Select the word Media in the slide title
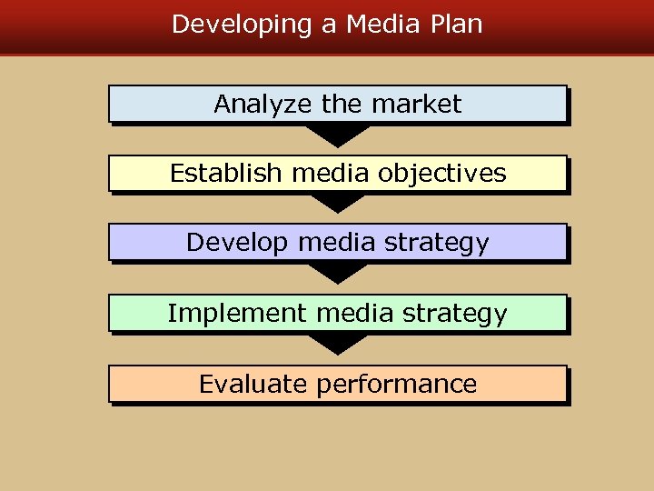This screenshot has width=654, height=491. point(377,25)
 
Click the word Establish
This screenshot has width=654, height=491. point(226,174)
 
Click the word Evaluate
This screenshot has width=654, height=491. point(253,385)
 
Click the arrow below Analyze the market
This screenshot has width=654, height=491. point(337,135)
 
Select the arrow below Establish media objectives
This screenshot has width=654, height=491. point(337,204)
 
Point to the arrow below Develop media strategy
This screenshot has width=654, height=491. point(337,274)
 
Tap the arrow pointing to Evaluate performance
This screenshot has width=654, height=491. point(337,344)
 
